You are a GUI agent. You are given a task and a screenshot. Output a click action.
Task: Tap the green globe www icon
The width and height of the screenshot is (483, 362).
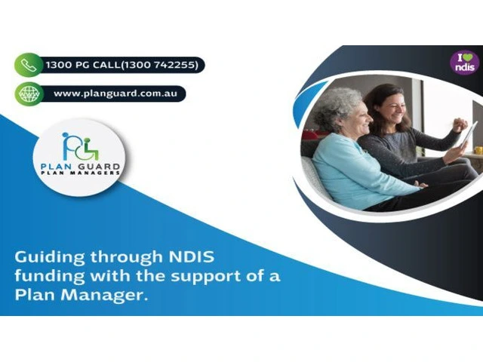tap(29, 94)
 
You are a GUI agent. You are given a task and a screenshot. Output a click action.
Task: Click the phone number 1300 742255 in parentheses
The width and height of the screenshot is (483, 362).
tap(159, 65)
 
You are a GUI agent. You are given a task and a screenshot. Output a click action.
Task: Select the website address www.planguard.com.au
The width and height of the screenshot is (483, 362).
tap(115, 94)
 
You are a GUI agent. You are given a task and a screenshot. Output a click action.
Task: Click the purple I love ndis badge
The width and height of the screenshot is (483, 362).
tap(465, 63)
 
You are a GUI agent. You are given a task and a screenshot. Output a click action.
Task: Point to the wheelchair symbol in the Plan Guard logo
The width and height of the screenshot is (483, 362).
tap(90, 149)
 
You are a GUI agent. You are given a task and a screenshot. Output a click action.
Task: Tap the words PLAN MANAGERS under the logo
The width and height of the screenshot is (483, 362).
tap(81, 173)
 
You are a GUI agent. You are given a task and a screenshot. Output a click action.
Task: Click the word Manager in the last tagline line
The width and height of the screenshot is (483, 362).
tap(103, 296)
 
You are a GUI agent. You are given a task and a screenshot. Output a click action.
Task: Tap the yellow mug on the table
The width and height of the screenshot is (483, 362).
tap(478, 150)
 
